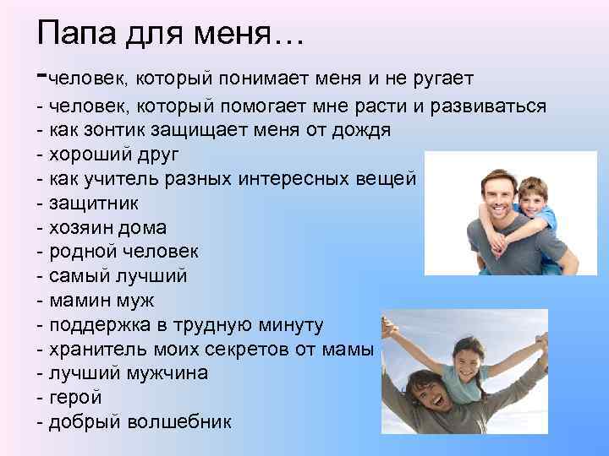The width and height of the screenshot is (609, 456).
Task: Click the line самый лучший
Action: tap(118, 276)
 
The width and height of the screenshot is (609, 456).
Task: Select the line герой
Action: tap(75, 398)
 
